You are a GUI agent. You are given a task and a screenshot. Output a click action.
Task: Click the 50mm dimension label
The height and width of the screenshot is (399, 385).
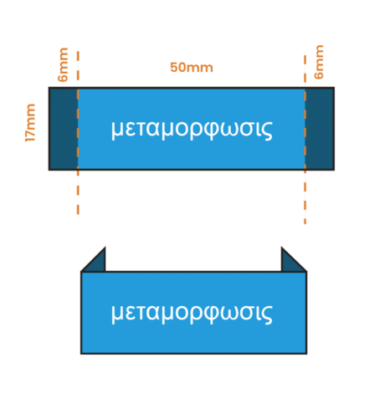[x=192, y=68]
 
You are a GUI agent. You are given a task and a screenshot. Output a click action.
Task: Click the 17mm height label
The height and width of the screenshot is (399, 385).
[x=30, y=123]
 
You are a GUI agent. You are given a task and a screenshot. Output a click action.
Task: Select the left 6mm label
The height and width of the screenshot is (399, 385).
[x=63, y=64]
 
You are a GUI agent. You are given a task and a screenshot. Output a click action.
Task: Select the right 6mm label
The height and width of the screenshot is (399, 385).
[x=319, y=62]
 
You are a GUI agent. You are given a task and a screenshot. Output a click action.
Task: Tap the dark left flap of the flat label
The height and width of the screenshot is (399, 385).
[x=64, y=129]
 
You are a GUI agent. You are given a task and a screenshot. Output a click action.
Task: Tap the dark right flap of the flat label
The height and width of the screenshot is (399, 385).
[x=320, y=129]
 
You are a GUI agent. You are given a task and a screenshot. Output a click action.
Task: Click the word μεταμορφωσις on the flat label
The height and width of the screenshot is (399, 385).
[x=192, y=130]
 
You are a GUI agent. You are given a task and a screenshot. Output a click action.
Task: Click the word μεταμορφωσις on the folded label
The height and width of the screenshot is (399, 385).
[x=192, y=314]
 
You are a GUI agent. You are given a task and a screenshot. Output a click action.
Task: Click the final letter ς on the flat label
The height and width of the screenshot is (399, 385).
[x=267, y=131]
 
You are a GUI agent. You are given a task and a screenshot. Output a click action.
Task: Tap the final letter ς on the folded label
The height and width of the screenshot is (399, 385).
[x=267, y=315]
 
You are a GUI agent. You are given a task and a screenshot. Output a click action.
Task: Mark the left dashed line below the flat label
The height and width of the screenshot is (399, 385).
[x=78, y=194]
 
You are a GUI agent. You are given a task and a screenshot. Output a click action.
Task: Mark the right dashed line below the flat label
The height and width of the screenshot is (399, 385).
[x=305, y=197]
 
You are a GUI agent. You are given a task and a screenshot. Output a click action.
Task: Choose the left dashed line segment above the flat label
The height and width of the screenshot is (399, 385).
[x=78, y=69]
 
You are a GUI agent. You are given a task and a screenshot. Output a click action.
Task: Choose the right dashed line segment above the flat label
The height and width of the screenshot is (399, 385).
[x=305, y=71]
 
